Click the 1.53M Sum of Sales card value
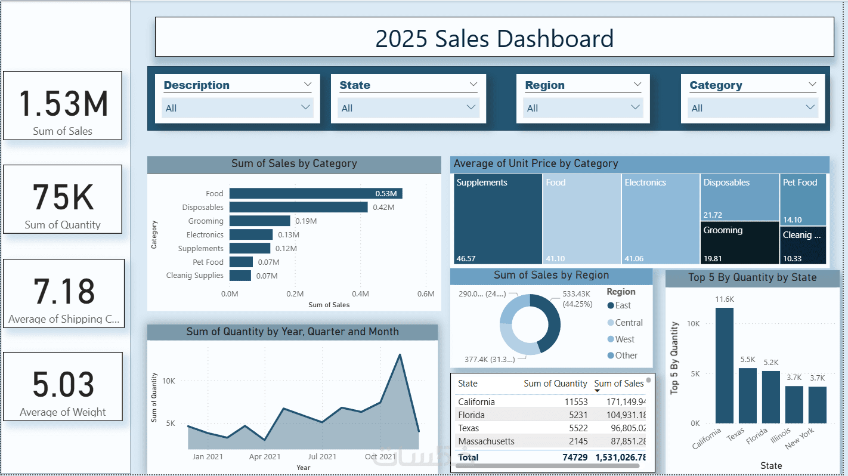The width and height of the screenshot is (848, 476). [x=63, y=104]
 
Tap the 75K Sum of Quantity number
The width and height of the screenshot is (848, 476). [x=63, y=197]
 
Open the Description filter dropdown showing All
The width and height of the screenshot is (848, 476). [x=237, y=108]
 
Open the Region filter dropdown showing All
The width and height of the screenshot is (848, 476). [x=582, y=108]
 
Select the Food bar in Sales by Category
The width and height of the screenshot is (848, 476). [x=315, y=193]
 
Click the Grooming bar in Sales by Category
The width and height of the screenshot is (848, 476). [x=259, y=221]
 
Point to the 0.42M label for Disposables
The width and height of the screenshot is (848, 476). [x=383, y=208]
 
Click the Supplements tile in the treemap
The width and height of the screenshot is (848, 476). [x=498, y=219]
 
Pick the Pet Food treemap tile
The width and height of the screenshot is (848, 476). [x=803, y=199]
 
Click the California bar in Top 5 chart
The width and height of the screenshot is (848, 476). [x=724, y=365]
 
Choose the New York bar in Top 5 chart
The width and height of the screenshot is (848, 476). [x=818, y=404]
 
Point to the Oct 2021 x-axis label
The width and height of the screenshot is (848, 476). [x=380, y=457]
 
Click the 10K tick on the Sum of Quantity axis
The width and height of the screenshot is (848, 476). [x=169, y=381]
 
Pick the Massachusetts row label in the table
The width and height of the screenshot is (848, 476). [x=486, y=441]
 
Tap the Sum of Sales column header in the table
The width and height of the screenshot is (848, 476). [x=618, y=384]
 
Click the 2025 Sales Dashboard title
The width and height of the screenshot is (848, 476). [x=494, y=38]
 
